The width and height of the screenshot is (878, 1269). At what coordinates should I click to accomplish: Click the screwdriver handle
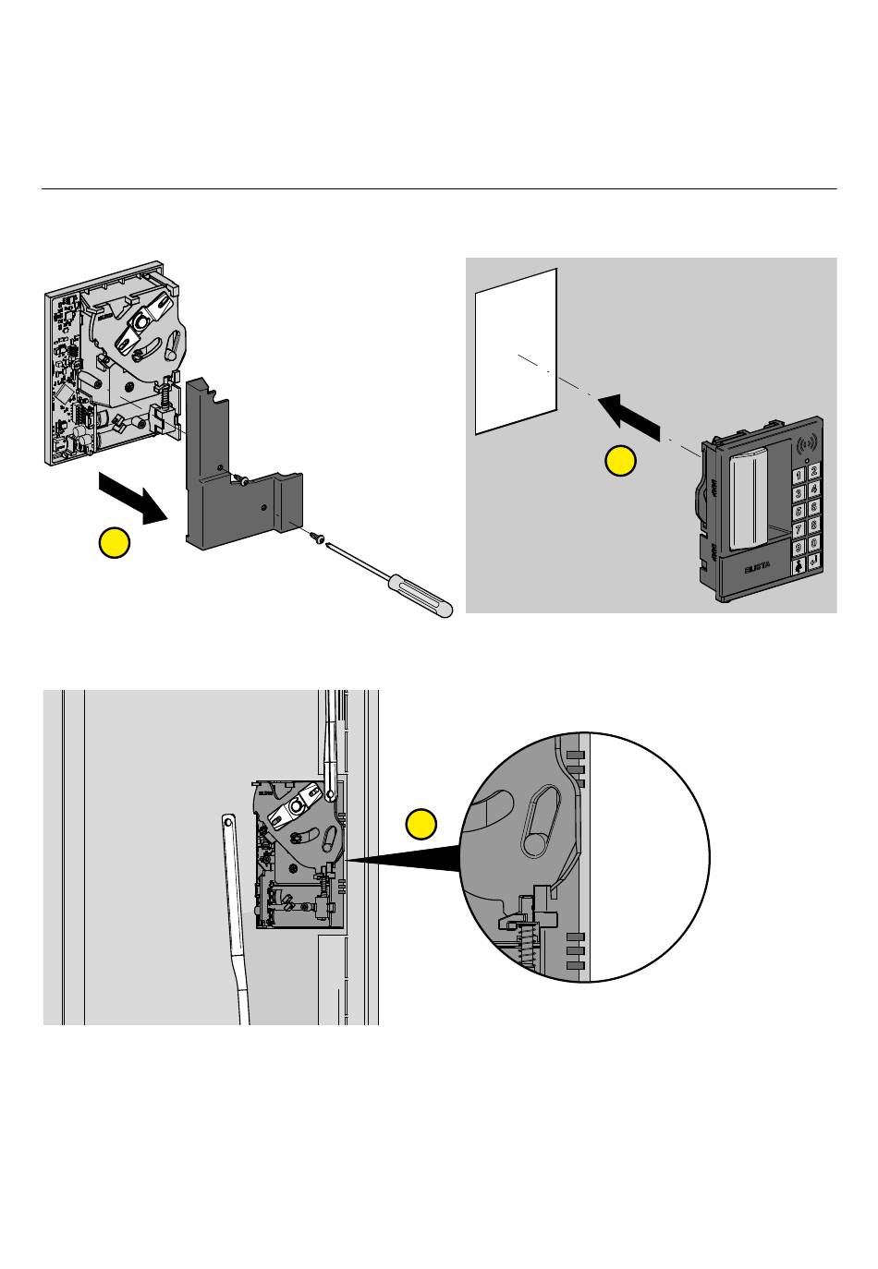point(421,595)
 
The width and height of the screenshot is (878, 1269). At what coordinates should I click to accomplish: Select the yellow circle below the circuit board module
point(115,544)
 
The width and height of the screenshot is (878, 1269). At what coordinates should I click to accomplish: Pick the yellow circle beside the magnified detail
point(421,823)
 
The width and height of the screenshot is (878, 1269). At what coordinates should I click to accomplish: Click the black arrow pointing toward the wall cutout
point(631,416)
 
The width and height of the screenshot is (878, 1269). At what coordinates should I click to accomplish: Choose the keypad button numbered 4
point(814,489)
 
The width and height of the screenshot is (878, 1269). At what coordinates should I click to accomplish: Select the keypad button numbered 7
point(798,526)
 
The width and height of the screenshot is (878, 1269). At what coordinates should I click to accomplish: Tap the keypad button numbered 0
point(814,544)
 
